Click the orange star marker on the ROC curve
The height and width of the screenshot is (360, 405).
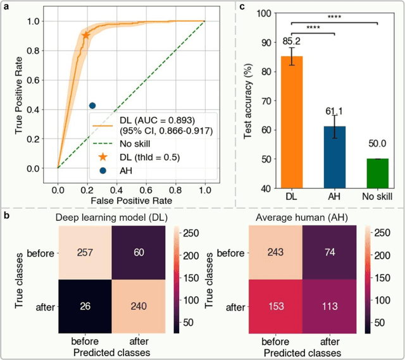coord(86,35)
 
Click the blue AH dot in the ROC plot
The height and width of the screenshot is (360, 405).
coord(92,106)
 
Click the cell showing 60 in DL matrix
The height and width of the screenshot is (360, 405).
coord(138,252)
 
